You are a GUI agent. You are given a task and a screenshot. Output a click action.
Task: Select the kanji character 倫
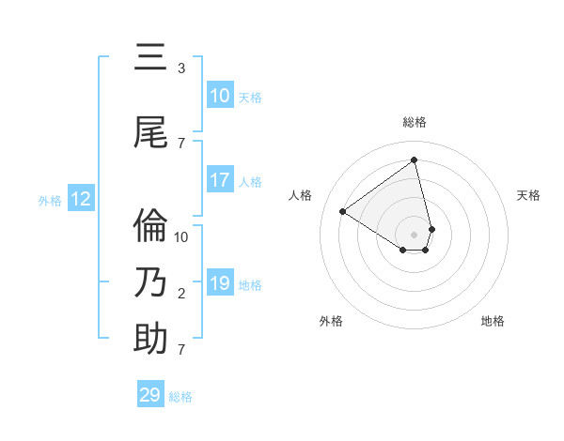150,226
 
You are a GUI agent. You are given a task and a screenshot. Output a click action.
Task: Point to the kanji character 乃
150,282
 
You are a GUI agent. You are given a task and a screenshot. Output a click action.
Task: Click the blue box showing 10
220,96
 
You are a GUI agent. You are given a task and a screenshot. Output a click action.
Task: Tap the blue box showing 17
220,180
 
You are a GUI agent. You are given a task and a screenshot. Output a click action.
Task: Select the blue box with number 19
220,283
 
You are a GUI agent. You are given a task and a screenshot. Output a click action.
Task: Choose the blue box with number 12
81,199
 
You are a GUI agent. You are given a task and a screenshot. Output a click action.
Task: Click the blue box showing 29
150,395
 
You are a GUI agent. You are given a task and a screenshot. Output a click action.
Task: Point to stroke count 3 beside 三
181,68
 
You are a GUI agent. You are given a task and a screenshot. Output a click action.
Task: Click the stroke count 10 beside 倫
181,236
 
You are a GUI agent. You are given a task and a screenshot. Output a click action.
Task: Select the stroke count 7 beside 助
181,350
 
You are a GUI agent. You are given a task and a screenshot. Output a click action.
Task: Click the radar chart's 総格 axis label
415,122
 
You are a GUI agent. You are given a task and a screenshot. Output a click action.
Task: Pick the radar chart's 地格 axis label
493,322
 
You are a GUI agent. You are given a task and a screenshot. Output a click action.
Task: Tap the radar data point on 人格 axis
342,211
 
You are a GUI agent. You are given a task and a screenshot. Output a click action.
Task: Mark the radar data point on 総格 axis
415,160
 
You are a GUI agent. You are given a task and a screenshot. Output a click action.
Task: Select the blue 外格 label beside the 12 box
50,200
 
